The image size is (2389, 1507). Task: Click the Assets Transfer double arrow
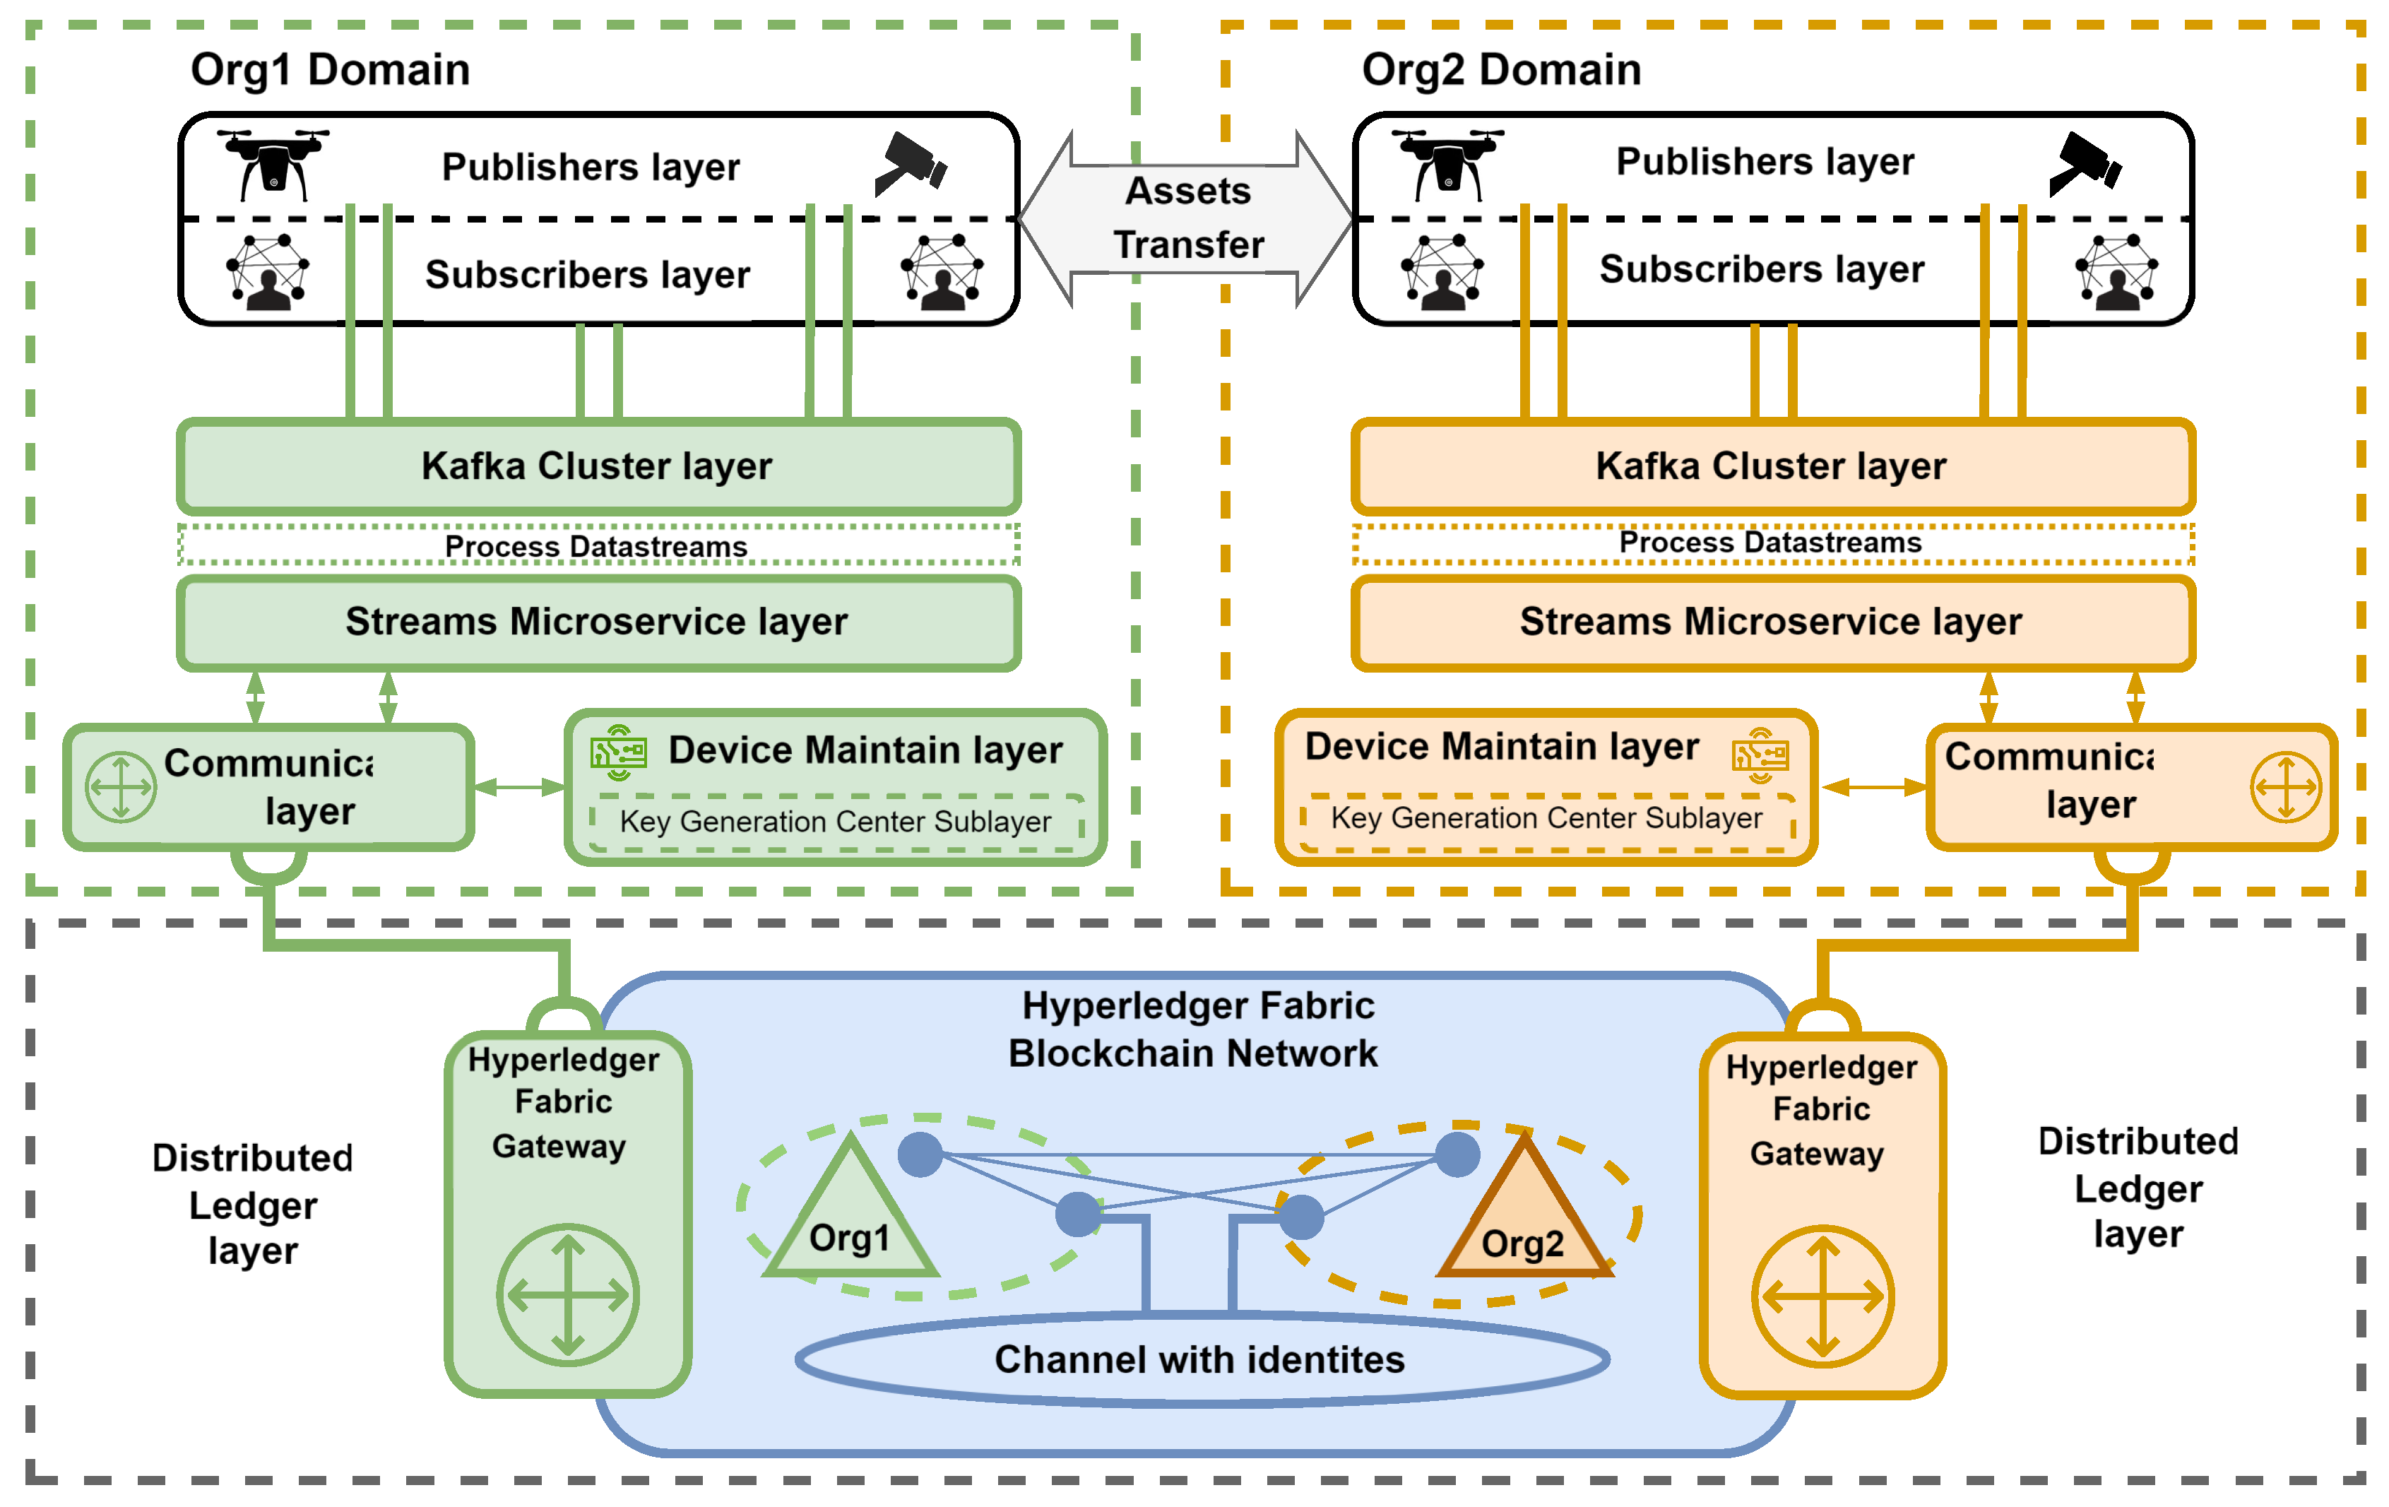1187,218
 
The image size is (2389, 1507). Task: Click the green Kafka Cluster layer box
598,466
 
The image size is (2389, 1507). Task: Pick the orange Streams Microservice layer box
1772,622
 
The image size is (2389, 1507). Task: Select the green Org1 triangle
850,1215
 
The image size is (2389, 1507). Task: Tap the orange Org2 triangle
1524,1218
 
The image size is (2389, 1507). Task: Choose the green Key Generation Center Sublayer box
836,822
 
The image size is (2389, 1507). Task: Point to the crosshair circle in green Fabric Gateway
567,1294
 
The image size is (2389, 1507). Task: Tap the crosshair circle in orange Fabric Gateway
1822,1296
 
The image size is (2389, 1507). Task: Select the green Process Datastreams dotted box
598,545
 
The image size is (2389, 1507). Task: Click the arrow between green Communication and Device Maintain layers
519,788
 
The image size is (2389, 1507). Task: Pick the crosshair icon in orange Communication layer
2286,788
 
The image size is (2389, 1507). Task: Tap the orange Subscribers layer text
1762,270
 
